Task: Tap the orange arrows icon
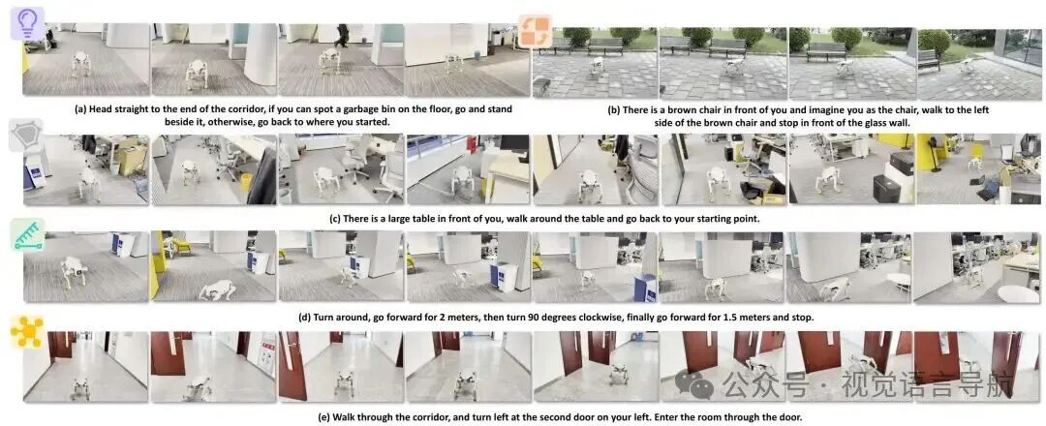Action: [536, 31]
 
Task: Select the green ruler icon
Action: [28, 235]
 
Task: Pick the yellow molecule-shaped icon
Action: [27, 331]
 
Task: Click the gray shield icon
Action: [26, 136]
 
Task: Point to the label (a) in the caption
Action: [80, 109]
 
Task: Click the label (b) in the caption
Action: [614, 109]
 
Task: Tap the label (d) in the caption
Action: [305, 318]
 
